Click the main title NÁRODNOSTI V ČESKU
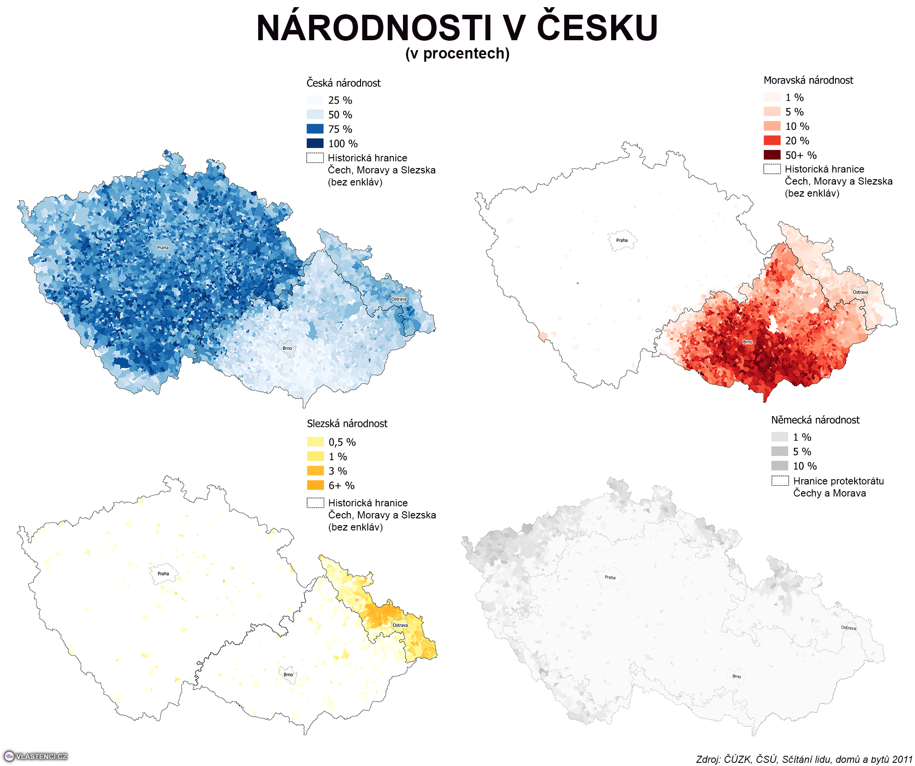(x=457, y=29)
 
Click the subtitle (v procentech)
(x=457, y=54)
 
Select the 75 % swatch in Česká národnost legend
(x=315, y=129)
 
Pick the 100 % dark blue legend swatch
(x=315, y=143)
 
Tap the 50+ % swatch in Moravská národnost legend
(x=772, y=155)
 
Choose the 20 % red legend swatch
(x=772, y=141)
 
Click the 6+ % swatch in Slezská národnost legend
(x=315, y=485)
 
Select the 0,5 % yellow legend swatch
(x=315, y=442)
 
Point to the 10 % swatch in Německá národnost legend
(x=780, y=466)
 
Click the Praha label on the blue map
(x=163, y=248)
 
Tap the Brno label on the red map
(x=747, y=342)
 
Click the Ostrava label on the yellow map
(x=400, y=625)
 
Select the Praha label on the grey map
(x=610, y=577)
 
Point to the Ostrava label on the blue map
(x=399, y=299)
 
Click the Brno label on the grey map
(x=736, y=676)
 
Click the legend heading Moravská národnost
(x=808, y=80)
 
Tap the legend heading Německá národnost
(x=815, y=420)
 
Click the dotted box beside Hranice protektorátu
(x=780, y=481)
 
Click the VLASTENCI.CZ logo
(x=36, y=756)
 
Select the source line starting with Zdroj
(x=804, y=759)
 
